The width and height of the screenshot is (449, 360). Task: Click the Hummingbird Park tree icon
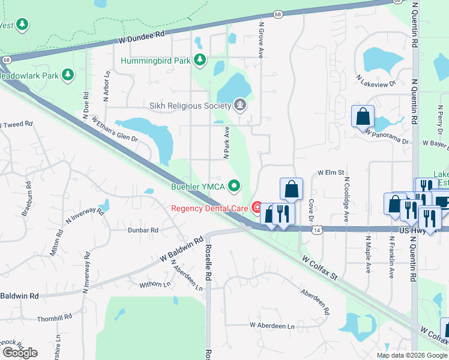point(200,61)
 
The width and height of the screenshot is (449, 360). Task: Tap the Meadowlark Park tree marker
point(68,75)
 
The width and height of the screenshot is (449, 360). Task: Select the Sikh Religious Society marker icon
point(240,106)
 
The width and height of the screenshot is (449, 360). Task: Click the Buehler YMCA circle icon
point(234,187)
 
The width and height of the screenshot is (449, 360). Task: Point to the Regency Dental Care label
point(209,208)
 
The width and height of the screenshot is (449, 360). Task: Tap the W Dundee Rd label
point(141,37)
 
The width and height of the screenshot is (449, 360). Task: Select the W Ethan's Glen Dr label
point(114,129)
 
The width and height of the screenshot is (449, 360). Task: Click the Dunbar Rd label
point(142,230)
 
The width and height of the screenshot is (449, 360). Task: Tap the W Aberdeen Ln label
point(273,326)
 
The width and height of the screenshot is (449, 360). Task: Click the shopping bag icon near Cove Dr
point(291,188)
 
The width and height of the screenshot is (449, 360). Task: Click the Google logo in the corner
point(20,353)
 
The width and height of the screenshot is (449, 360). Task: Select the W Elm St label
point(330,173)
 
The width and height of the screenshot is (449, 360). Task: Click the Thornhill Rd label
point(55,316)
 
